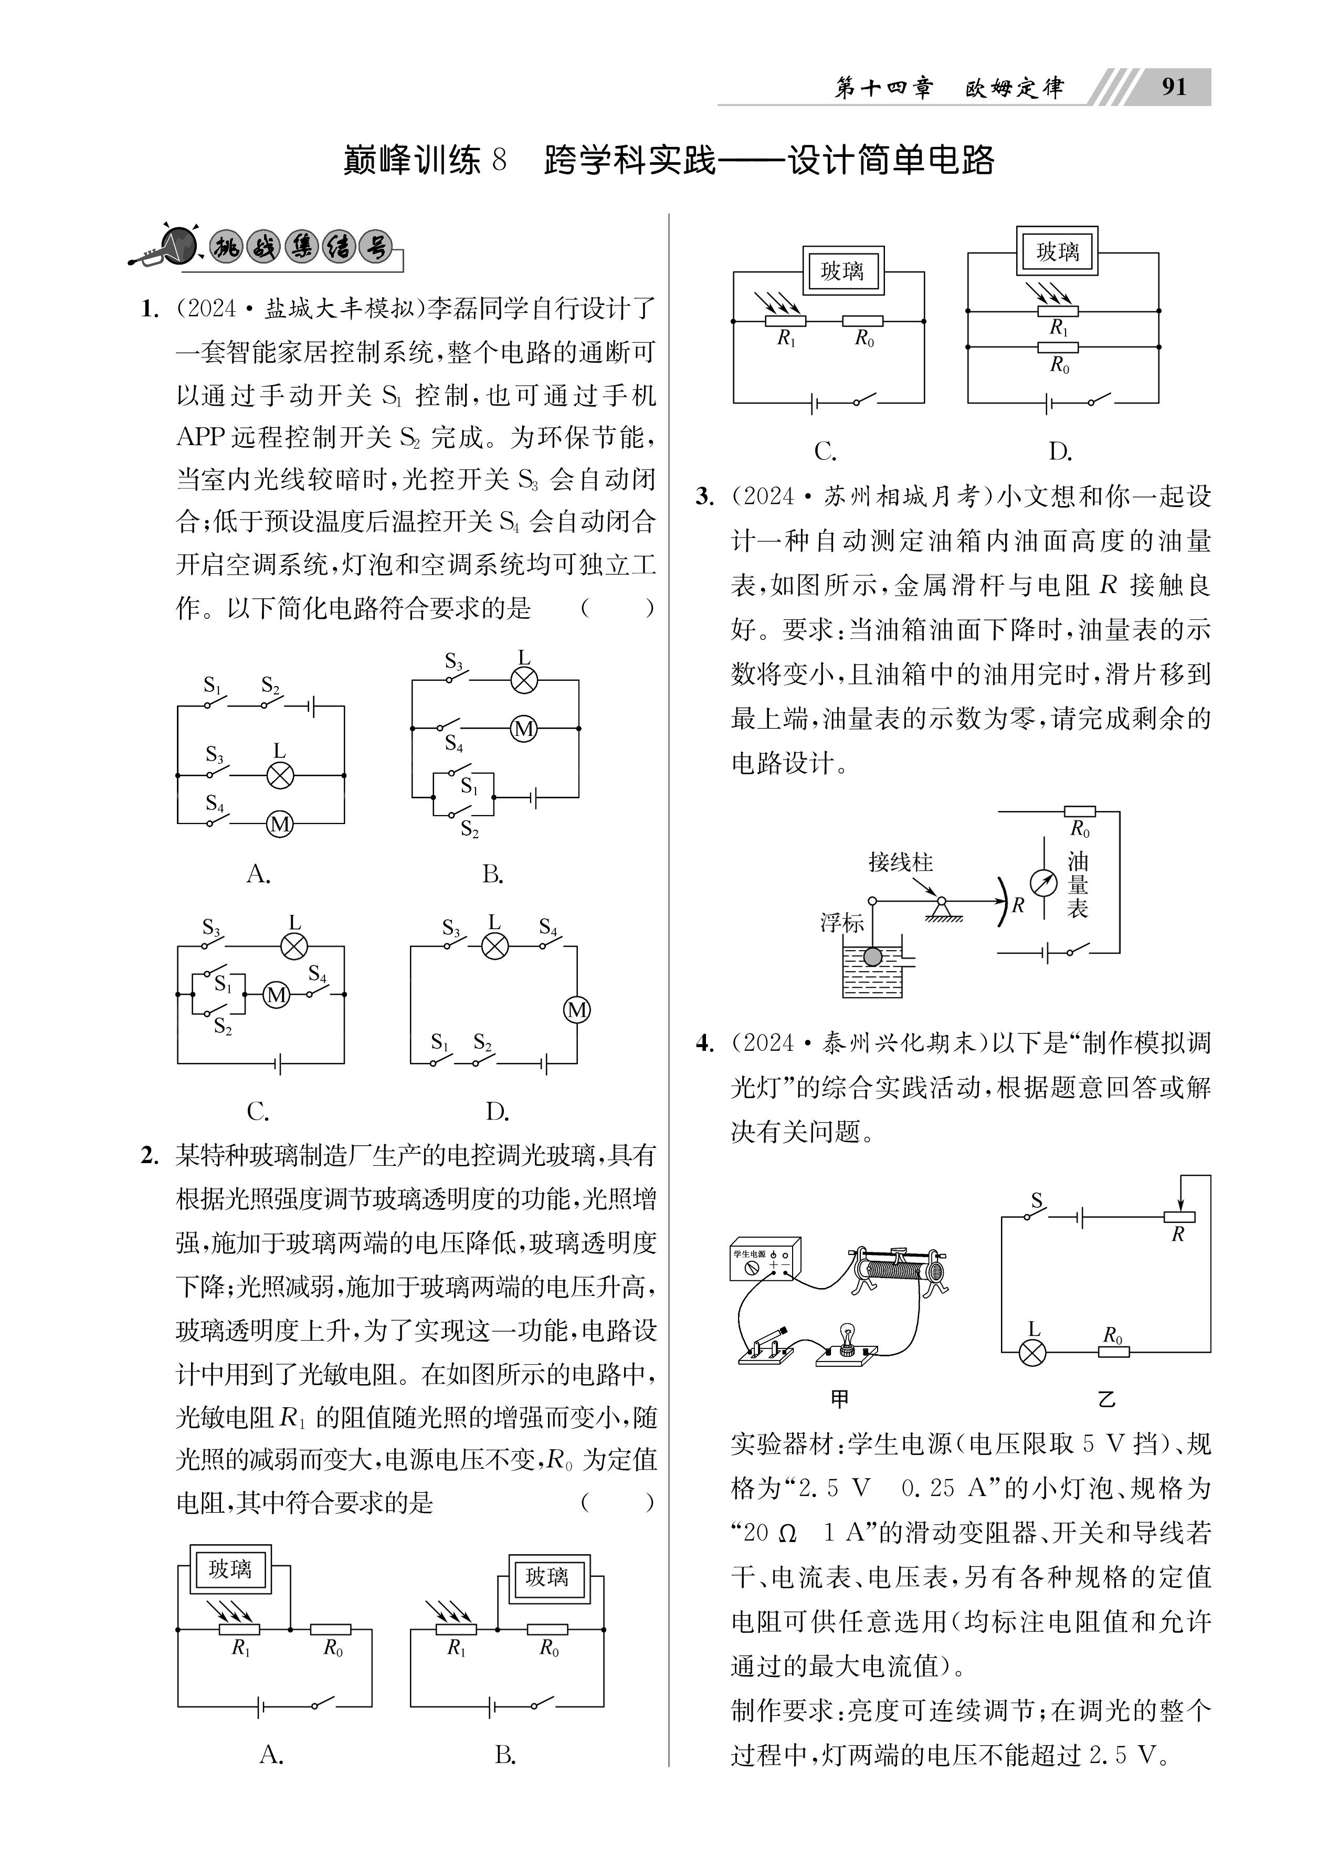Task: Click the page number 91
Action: click(1174, 87)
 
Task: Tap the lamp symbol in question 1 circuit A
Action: click(280, 775)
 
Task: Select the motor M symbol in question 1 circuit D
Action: click(576, 1009)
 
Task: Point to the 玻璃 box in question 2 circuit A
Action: click(230, 1569)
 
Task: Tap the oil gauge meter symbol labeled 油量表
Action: click(1043, 882)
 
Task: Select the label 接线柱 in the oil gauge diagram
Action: click(900, 862)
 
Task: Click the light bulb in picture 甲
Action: click(845, 1334)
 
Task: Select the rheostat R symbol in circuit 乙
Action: click(1178, 1217)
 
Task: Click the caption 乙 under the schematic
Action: click(1106, 1399)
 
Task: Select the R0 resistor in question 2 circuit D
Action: click(1058, 347)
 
